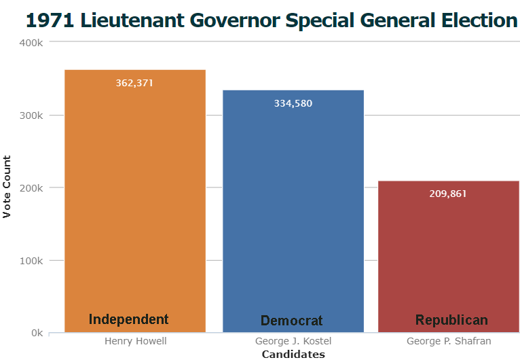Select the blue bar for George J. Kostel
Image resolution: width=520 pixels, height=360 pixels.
[293, 211]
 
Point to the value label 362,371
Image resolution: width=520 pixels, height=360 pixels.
[135, 84]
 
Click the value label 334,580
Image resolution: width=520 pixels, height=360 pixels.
[293, 104]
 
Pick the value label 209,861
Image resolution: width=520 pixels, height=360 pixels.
[448, 194]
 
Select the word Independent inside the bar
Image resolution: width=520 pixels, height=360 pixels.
[129, 319]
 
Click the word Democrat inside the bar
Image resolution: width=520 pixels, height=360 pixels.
[292, 321]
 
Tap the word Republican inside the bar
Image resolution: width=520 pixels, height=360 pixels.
[451, 320]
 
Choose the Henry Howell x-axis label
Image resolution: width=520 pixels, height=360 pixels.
[136, 341]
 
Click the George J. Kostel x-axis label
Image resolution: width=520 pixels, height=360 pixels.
[293, 341]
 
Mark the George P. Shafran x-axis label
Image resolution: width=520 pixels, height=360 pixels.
[449, 341]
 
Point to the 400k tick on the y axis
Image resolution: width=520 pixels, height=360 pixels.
[31, 43]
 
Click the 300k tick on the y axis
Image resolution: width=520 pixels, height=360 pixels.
[31, 115]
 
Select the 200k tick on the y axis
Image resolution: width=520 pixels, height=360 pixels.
[31, 188]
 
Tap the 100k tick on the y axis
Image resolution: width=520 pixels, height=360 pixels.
[31, 261]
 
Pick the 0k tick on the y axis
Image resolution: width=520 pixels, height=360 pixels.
[36, 334]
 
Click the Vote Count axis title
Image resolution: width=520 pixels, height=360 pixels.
[7, 187]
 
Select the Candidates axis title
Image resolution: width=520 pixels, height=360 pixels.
[293, 354]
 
